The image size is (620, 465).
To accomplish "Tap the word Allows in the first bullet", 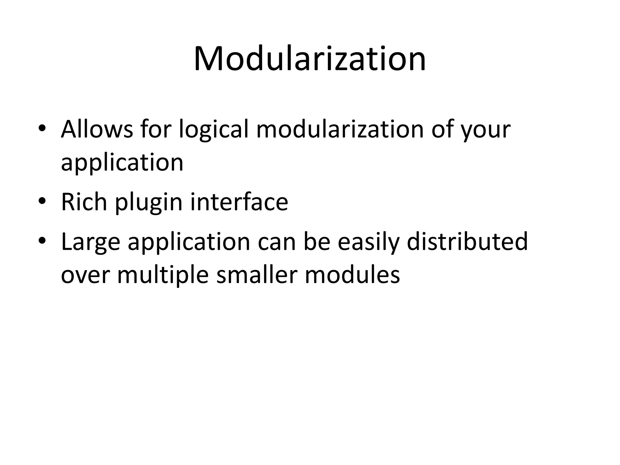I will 97,129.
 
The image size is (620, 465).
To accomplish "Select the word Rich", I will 84,202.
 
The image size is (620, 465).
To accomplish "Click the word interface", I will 239,202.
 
